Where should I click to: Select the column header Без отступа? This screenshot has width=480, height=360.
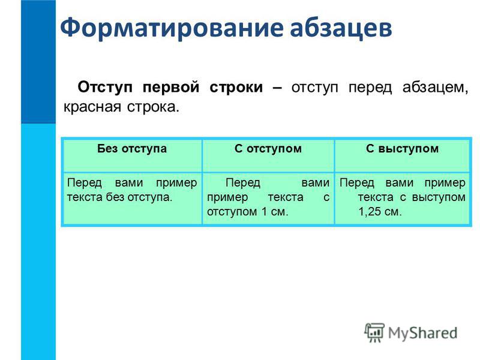coord(132,149)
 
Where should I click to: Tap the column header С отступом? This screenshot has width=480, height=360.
coord(268,149)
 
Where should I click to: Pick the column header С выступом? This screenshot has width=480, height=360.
coord(402,149)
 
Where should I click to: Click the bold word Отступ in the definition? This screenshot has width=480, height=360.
coord(105,87)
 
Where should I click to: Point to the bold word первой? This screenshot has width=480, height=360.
coord(171,88)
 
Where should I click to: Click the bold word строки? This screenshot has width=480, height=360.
coord(236,88)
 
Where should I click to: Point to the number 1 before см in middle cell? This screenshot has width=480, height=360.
coord(264,211)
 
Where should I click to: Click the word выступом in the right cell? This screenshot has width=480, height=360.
coord(439,197)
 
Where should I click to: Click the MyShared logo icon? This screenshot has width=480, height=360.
coord(374,332)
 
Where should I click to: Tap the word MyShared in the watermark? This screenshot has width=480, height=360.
coord(423,333)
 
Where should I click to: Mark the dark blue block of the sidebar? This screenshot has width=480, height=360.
coord(38,62)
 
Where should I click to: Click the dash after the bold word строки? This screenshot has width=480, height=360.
coord(277,88)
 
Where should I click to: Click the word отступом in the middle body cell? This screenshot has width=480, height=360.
coord(232,212)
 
